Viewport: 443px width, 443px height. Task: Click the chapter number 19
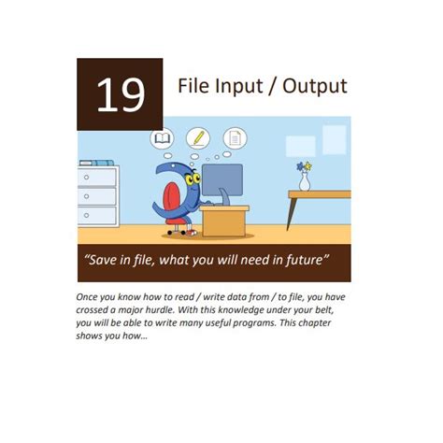coord(120,94)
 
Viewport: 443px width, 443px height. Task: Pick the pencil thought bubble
coord(198,138)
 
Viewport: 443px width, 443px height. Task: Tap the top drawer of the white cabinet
coord(97,176)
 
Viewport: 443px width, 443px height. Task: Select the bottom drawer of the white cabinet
coord(97,215)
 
